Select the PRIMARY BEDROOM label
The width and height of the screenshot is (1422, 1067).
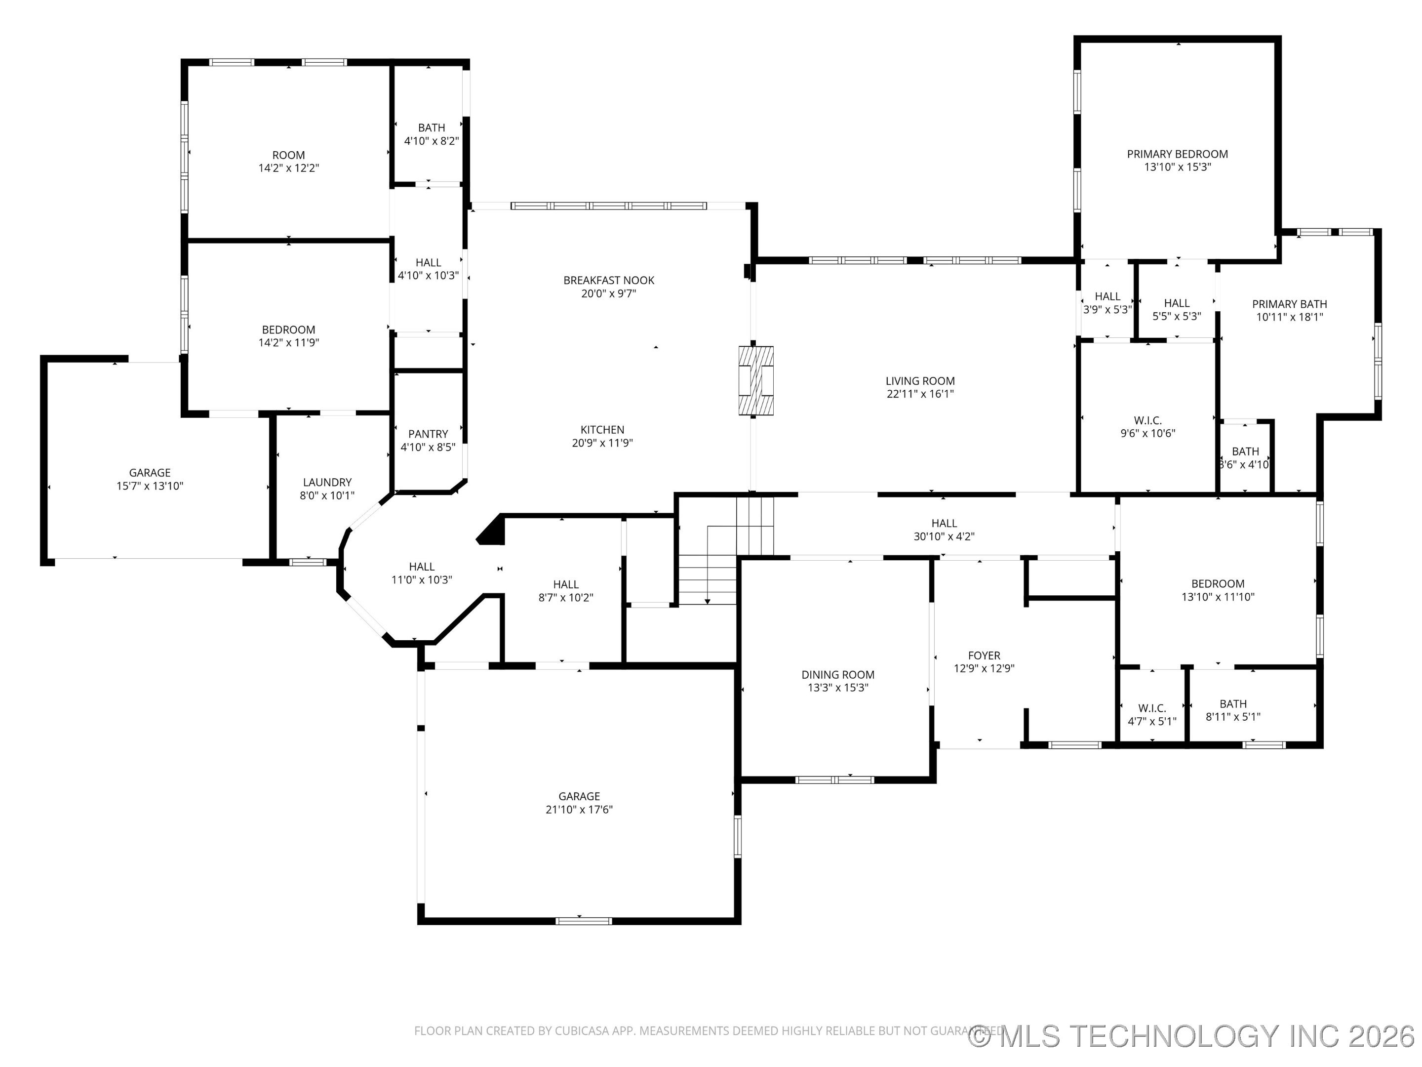click(1177, 154)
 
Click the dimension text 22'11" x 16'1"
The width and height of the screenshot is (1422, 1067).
click(920, 394)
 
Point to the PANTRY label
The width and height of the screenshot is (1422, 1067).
click(428, 434)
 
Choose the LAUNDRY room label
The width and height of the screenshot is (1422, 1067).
click(327, 482)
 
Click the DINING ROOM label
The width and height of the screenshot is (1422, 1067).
click(837, 675)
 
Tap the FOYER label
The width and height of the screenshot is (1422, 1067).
click(984, 656)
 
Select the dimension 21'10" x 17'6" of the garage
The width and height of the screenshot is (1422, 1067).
click(579, 810)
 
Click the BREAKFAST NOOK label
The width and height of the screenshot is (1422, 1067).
click(608, 281)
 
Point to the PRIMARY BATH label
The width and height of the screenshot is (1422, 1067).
click(1289, 304)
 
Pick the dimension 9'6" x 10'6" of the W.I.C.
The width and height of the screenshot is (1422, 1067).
click(1147, 434)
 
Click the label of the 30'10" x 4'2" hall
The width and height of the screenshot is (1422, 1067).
click(944, 524)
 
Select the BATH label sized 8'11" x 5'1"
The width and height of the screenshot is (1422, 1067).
click(1232, 704)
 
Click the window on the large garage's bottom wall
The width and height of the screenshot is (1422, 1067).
click(584, 921)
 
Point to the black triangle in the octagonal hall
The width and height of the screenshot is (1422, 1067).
click(492, 531)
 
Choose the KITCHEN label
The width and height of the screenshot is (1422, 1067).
click(602, 430)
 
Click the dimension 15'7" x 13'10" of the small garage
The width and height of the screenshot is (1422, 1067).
click(149, 486)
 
